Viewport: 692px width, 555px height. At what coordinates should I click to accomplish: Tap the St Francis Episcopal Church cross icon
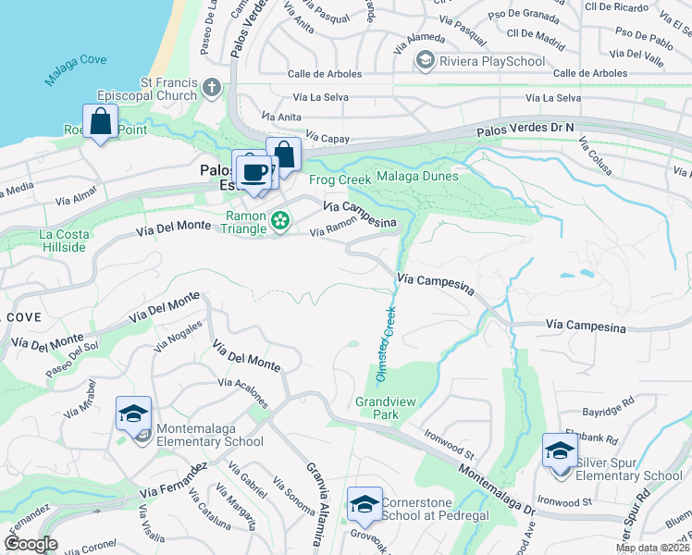pyautogui.click(x=212, y=89)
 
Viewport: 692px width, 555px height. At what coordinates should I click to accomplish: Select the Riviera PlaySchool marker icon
pyautogui.click(x=425, y=61)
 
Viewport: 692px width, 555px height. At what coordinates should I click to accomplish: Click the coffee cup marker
pyautogui.click(x=254, y=171)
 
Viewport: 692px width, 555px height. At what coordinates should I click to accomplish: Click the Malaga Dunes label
pyautogui.click(x=417, y=178)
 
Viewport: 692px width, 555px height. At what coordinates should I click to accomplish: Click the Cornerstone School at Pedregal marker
pyautogui.click(x=365, y=505)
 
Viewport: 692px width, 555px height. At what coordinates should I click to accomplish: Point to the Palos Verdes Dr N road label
pyautogui.click(x=525, y=130)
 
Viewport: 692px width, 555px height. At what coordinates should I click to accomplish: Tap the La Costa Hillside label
pyautogui.click(x=64, y=240)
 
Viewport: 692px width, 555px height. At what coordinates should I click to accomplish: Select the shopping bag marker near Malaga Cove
pyautogui.click(x=100, y=121)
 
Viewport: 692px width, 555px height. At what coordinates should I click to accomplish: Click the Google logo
pyautogui.click(x=31, y=544)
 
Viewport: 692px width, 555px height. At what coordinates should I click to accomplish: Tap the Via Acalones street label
pyautogui.click(x=243, y=392)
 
